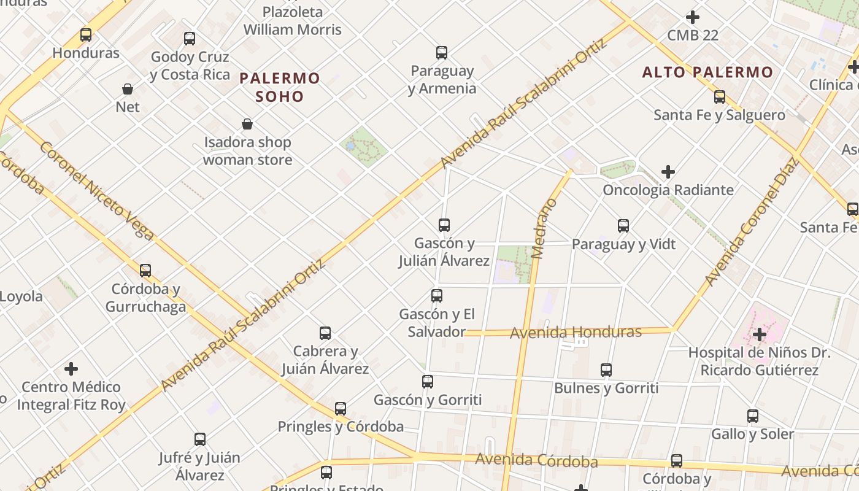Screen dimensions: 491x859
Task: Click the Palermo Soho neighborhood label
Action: click(x=280, y=87)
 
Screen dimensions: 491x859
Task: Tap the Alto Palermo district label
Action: click(x=707, y=72)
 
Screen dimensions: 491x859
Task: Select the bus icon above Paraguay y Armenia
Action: click(x=442, y=53)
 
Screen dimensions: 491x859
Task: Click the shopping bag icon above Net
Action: click(x=128, y=89)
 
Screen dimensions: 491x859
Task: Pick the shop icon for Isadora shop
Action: click(x=247, y=125)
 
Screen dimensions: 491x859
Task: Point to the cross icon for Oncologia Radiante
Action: click(x=668, y=172)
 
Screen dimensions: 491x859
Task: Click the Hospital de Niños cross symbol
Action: click(x=760, y=334)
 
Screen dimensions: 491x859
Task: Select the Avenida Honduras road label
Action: click(x=576, y=333)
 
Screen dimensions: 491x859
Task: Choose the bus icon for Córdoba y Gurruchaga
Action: click(x=145, y=271)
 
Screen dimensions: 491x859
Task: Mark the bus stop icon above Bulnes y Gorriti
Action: click(x=606, y=370)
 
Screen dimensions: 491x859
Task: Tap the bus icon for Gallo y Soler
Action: click(x=753, y=416)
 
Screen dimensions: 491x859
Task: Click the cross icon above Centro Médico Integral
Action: click(x=71, y=369)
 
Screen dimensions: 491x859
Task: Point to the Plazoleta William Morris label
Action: click(x=293, y=21)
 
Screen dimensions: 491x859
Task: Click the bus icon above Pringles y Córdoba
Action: click(x=341, y=409)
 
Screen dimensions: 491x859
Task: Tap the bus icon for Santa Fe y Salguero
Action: click(x=720, y=97)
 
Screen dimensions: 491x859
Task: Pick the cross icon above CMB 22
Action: click(x=693, y=17)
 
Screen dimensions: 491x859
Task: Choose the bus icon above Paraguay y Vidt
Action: click(x=623, y=226)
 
